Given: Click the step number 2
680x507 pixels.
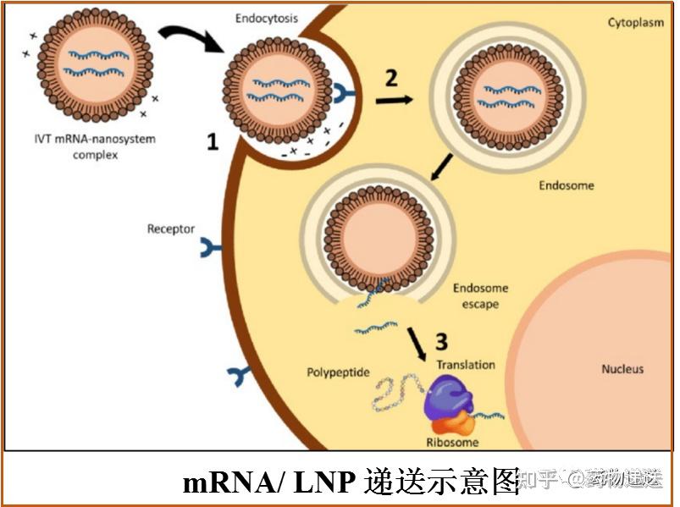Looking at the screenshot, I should point(390,79).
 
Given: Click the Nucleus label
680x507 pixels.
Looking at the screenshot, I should point(622,369).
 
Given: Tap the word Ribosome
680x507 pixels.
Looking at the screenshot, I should point(451,442).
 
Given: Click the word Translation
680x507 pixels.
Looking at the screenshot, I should point(465,365).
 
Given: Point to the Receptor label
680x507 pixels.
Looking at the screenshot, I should point(171,229).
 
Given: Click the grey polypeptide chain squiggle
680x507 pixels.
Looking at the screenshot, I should point(395,394).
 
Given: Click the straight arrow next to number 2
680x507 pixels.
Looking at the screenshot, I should point(395,100).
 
